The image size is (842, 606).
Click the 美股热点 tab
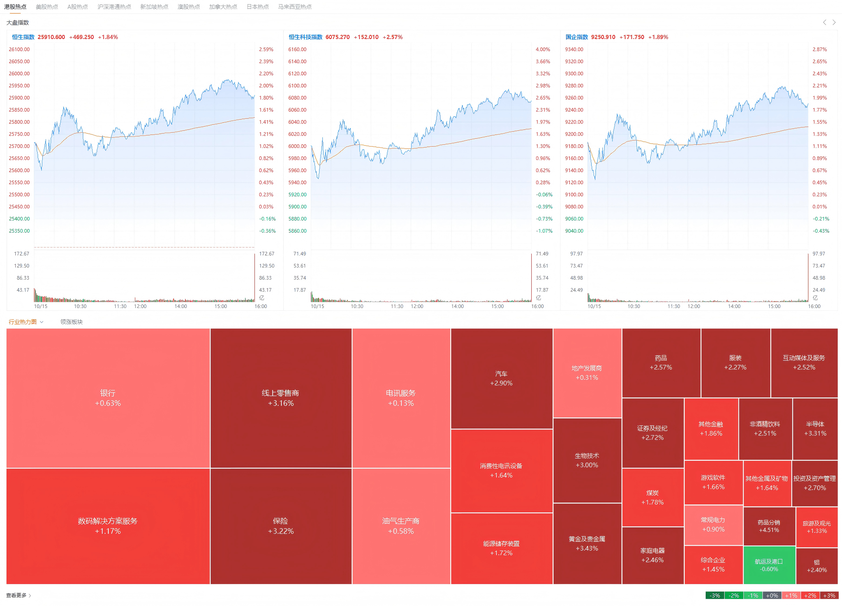(47, 7)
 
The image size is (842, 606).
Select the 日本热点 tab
(257, 7)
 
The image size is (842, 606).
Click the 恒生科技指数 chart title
(305, 37)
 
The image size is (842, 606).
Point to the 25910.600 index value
(51, 37)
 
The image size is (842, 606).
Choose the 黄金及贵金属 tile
(586, 543)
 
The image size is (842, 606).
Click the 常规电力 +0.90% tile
(713, 524)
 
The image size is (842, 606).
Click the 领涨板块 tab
(71, 322)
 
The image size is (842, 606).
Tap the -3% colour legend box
(715, 595)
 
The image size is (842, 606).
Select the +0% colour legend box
(772, 595)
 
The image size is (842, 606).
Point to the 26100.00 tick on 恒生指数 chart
(19, 49)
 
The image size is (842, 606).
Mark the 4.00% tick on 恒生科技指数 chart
(542, 49)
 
